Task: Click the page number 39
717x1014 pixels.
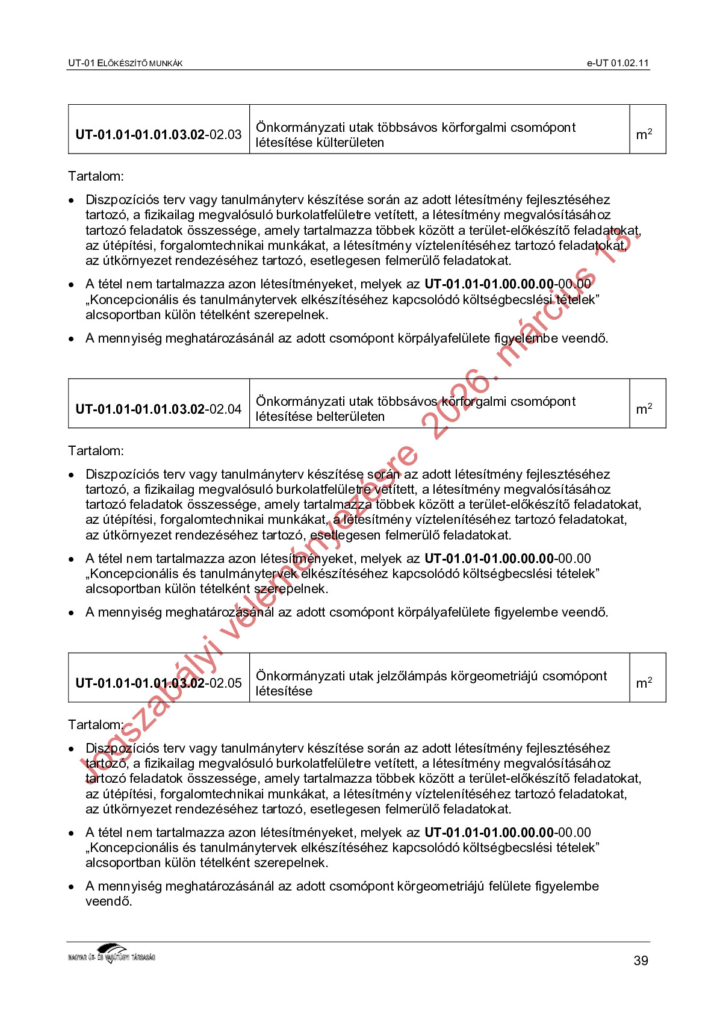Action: pyautogui.click(x=641, y=961)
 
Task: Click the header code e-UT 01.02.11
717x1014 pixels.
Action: pyautogui.click(x=618, y=63)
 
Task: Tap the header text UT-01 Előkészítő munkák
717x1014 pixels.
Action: pyautogui.click(x=125, y=63)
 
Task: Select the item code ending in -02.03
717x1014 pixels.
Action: pyautogui.click(x=158, y=134)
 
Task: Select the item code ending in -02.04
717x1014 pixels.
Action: pyautogui.click(x=158, y=409)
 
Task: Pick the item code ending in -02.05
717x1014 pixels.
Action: pyautogui.click(x=158, y=683)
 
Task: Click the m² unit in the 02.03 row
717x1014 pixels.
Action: pyautogui.click(x=644, y=134)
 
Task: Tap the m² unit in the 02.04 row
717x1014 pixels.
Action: pyautogui.click(x=644, y=409)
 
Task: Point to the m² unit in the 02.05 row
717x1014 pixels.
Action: pyautogui.click(x=644, y=683)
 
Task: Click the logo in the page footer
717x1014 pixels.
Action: pyautogui.click(x=112, y=953)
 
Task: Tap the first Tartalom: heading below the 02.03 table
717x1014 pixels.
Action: pyautogui.click(x=96, y=176)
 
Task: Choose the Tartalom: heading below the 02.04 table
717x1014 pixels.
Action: pyautogui.click(x=96, y=451)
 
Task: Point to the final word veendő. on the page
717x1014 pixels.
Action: pyautogui.click(x=108, y=901)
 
